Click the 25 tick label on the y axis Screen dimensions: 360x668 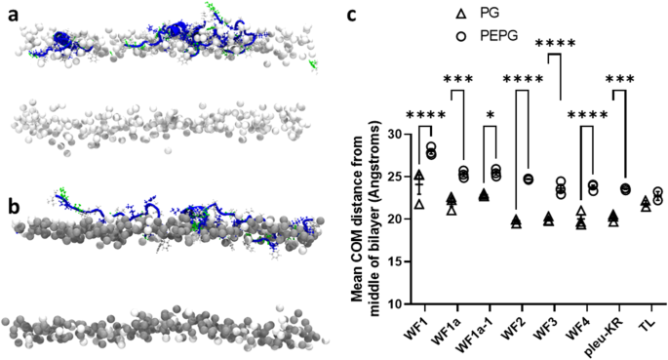(393, 177)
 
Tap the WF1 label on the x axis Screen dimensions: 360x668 (420, 325)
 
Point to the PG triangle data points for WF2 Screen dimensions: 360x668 (516, 221)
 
